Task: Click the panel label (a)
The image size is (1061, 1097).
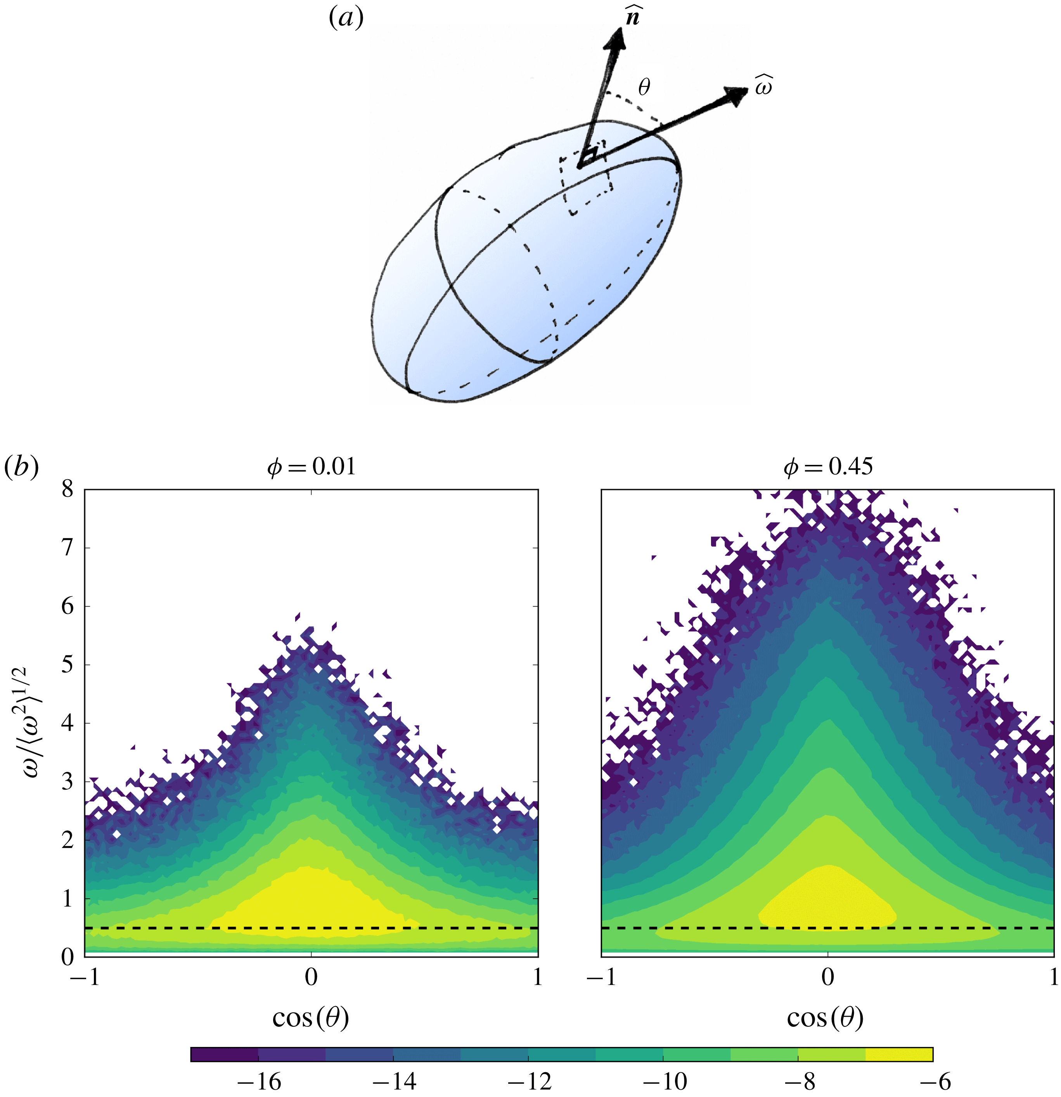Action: pyautogui.click(x=345, y=19)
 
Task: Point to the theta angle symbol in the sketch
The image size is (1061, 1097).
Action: pyautogui.click(x=644, y=87)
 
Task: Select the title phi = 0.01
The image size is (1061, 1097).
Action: pyautogui.click(x=311, y=467)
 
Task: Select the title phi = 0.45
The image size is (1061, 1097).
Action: pyautogui.click(x=827, y=467)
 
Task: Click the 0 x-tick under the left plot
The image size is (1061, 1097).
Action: pyautogui.click(x=311, y=977)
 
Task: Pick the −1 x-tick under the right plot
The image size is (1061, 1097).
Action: pyautogui.click(x=601, y=977)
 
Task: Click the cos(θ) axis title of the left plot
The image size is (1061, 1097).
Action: pyautogui.click(x=311, y=1017)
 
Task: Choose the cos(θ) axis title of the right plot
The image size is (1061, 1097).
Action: pyautogui.click(x=826, y=1017)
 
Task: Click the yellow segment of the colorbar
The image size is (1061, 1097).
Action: pyautogui.click(x=899, y=1054)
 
